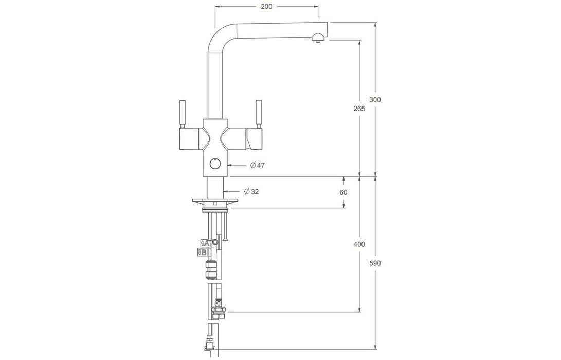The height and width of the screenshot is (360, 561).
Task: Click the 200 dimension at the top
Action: click(266, 7)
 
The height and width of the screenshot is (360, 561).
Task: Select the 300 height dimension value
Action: click(375, 99)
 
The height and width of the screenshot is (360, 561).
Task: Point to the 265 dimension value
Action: click(359, 108)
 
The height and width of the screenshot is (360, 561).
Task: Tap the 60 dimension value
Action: click(343, 192)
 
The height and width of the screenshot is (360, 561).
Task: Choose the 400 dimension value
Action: click(359, 244)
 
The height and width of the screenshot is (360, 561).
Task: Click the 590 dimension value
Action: click(375, 263)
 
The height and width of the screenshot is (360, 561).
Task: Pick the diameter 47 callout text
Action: click(258, 165)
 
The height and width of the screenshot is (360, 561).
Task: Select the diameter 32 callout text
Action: click(251, 191)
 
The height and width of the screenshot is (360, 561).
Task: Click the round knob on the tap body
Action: click(215, 164)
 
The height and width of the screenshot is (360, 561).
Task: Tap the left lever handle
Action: click(183, 114)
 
